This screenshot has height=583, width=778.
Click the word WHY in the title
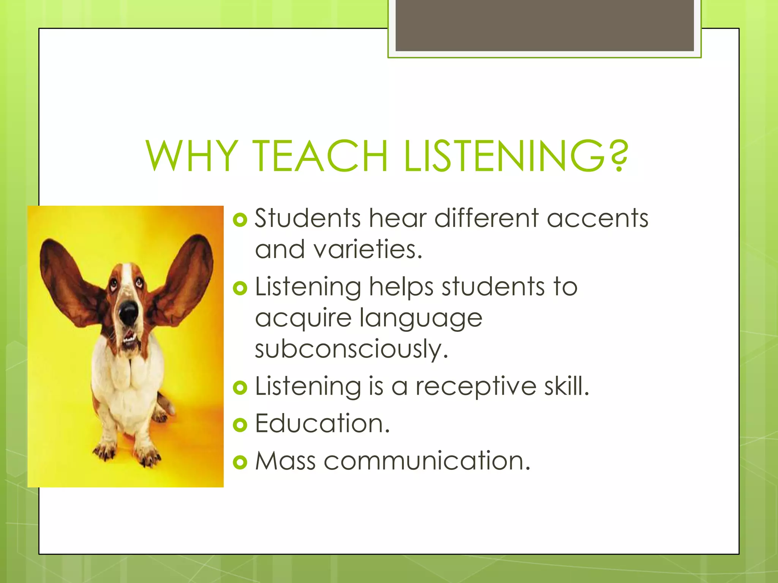[192, 156]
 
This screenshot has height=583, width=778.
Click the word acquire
[303, 318]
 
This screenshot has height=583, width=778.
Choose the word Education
[322, 423]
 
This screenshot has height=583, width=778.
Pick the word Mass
[285, 461]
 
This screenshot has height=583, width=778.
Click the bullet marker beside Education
[240, 425]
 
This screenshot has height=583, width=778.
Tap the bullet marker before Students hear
[240, 219]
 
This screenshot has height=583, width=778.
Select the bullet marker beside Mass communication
[240, 462]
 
